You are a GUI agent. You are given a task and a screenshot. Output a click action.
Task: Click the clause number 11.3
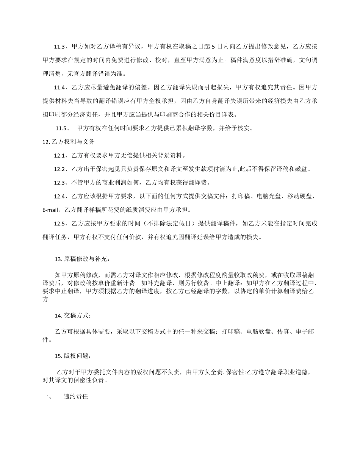[x=60, y=47]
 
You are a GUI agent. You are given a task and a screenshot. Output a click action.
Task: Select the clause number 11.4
[x=60, y=88]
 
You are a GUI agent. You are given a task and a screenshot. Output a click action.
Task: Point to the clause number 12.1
[x=60, y=155]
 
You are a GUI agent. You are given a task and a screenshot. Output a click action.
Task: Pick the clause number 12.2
[x=60, y=169]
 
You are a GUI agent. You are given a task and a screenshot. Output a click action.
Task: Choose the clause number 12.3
[x=60, y=183]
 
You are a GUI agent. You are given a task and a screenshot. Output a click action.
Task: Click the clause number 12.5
[x=60, y=224]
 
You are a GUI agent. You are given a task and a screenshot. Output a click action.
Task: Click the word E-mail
[x=51, y=210]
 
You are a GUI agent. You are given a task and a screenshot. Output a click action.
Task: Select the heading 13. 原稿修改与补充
[x=83, y=259]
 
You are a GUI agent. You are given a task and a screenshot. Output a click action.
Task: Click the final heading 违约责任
[x=76, y=397]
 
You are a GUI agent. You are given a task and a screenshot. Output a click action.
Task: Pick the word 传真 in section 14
[x=284, y=332]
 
